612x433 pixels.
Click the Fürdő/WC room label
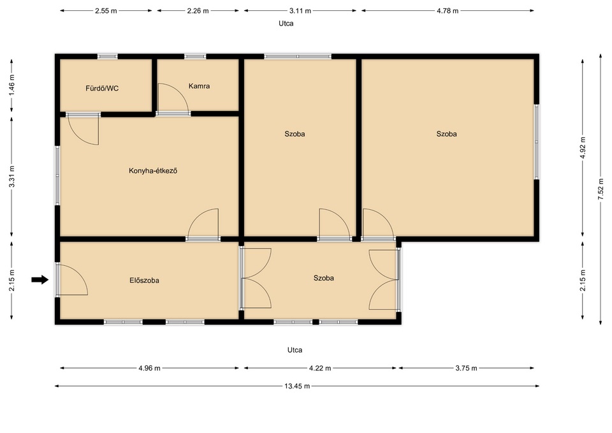pos(102,88)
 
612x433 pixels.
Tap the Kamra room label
pos(199,86)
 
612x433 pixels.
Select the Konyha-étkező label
pos(153,171)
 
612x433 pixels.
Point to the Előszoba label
pos(144,281)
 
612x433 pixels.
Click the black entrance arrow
pos(40,279)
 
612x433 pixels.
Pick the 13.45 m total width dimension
pos(297,386)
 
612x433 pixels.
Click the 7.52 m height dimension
pos(601,190)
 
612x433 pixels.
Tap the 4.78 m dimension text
pos(448,11)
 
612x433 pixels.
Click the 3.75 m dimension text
pos(466,368)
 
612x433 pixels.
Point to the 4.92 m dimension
pos(583,147)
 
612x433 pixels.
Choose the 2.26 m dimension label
pos(198,11)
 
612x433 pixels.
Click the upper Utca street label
pos(286,24)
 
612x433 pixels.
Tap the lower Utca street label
pos(295,350)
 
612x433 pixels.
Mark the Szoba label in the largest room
pos(446,134)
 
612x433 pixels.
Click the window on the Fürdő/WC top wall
pos(107,57)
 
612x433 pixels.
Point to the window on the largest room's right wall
pos(536,142)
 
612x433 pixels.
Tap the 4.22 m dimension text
pos(320,368)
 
